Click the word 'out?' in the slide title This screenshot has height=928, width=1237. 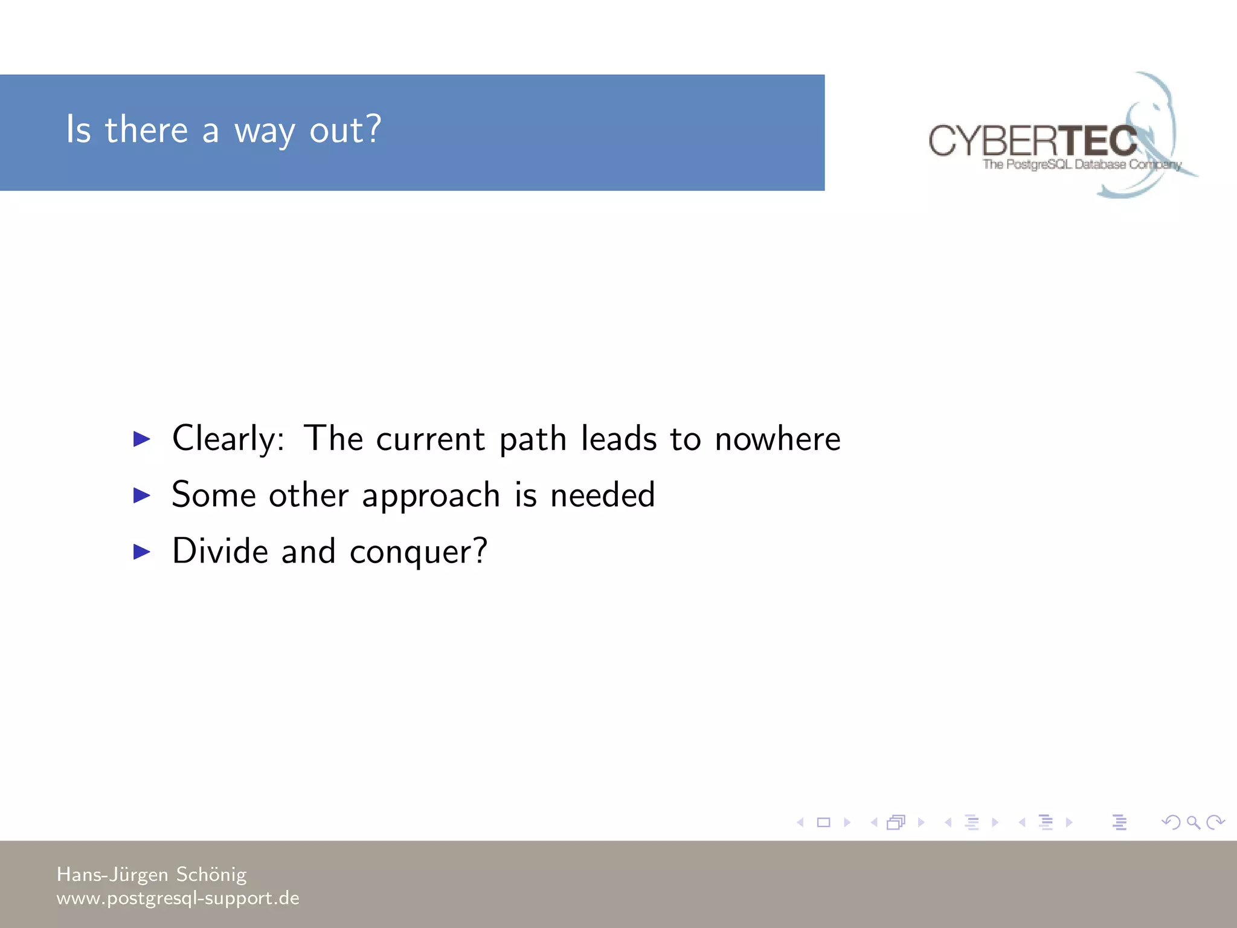[x=345, y=130]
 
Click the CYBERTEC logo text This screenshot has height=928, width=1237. [x=1032, y=141]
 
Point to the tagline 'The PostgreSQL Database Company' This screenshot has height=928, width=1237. [x=1081, y=164]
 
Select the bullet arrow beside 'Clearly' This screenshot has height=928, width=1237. [x=141, y=439]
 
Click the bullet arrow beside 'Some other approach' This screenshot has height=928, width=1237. [x=141, y=495]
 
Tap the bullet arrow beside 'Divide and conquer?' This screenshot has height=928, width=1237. [x=141, y=551]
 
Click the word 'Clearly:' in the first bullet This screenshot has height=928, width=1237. [x=228, y=439]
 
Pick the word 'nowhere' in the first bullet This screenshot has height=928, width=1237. [x=777, y=439]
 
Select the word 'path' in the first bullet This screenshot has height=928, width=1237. [x=532, y=439]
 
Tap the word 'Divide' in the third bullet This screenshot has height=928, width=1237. [x=220, y=551]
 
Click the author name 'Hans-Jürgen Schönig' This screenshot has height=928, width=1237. [x=152, y=874]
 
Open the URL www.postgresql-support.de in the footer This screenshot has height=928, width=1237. [x=178, y=898]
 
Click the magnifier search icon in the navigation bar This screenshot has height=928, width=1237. [x=1193, y=822]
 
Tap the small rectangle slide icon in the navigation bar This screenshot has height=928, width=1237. [x=823, y=822]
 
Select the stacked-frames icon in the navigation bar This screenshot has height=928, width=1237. [x=896, y=822]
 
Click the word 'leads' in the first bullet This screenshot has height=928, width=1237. [x=618, y=439]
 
